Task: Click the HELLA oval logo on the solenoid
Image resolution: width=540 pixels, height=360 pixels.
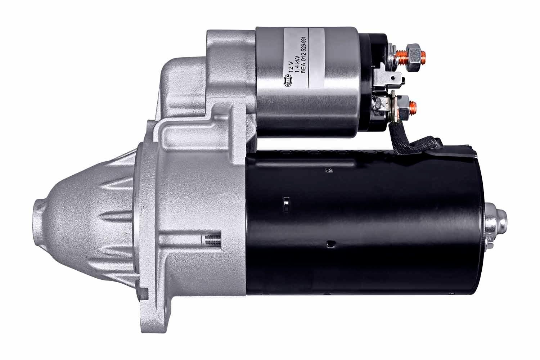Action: [289, 81]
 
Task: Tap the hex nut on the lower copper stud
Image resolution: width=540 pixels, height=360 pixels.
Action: [404, 105]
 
